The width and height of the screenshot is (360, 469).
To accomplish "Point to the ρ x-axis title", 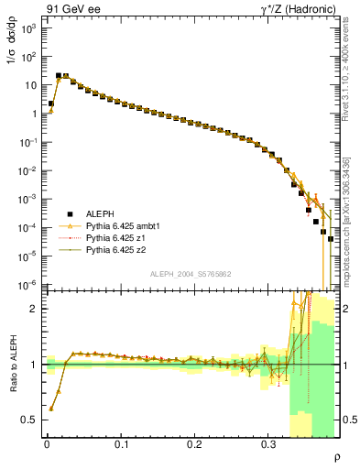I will point(337,457).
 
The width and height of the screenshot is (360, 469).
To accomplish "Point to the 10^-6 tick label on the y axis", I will point(28,285).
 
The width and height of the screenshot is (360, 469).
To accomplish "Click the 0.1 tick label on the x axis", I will point(121,445).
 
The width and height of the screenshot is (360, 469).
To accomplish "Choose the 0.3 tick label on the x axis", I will point(268,445).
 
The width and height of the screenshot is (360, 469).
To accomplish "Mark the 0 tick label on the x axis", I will point(47,445).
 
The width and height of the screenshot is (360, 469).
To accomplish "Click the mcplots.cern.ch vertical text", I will point(352,210).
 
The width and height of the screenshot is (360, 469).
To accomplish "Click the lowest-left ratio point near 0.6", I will point(50,409).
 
